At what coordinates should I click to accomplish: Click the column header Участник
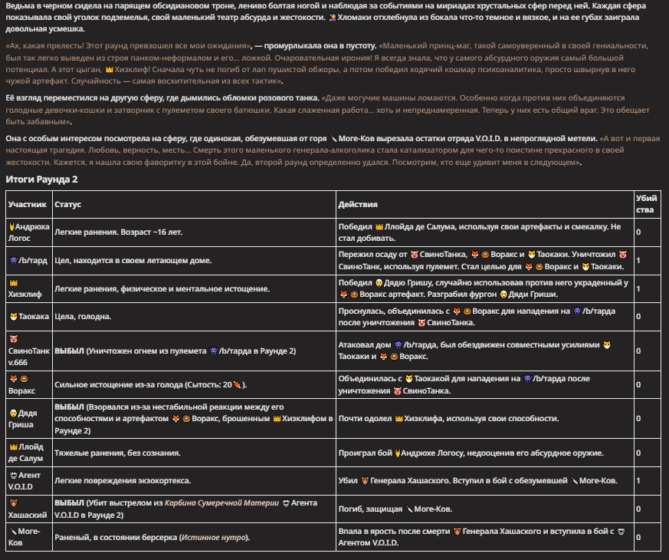[x=28, y=205]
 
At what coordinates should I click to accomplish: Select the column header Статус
[x=67, y=205]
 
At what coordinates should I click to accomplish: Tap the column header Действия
[x=358, y=205]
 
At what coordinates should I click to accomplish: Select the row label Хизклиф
[x=27, y=288]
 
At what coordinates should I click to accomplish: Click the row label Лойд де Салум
[x=28, y=452]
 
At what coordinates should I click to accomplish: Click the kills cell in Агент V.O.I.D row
[x=638, y=481]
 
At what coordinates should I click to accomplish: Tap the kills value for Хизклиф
[x=638, y=288]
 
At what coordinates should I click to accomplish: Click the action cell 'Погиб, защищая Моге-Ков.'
[x=395, y=509]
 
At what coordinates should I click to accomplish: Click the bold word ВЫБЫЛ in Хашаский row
[x=69, y=502]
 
